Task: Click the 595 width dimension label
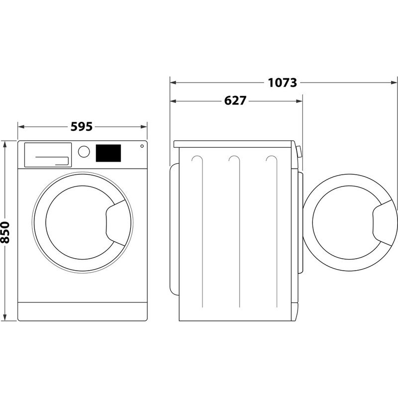coord(82,127)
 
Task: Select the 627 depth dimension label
coord(235,100)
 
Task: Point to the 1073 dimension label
coord(283,83)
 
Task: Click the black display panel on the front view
coord(108,153)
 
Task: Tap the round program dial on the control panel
coord(84,151)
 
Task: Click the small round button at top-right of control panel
coord(142,146)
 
